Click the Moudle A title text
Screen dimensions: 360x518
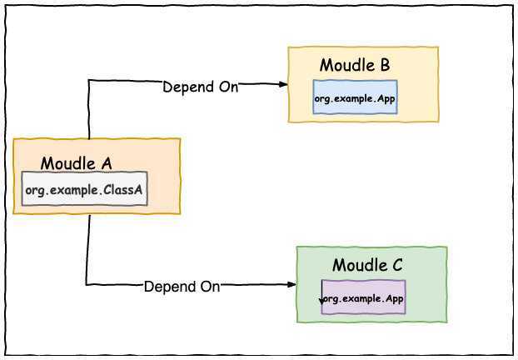pos(76,163)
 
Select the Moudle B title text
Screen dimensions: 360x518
pos(355,66)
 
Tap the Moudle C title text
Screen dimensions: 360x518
pos(367,266)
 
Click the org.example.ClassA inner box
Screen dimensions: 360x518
pos(85,191)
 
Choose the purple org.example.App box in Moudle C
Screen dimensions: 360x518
pos(364,297)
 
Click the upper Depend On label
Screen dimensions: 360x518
pos(200,87)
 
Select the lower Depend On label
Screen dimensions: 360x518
pos(182,287)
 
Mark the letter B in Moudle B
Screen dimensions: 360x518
pos(385,66)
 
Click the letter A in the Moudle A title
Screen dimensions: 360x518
pos(106,163)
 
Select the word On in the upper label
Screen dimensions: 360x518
pos(227,87)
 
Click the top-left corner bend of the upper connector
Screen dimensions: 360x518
pos(89,82)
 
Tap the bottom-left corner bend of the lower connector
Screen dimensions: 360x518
pos(87,285)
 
